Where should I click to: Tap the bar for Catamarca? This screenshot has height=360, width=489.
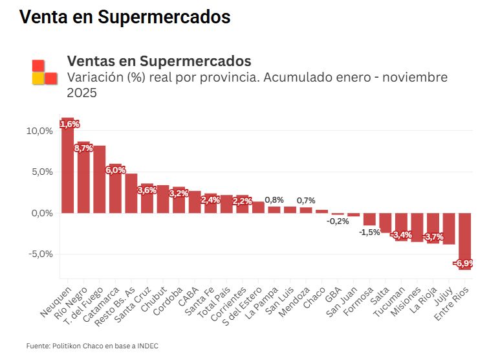(x=115, y=189)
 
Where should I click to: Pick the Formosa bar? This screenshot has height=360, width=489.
(x=369, y=219)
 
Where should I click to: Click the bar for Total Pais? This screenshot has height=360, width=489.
(x=226, y=204)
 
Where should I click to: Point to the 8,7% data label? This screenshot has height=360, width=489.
(x=83, y=148)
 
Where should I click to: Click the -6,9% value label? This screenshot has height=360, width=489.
(x=464, y=264)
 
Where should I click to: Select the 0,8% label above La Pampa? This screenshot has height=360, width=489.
(x=274, y=199)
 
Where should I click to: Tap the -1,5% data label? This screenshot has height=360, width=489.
(x=370, y=232)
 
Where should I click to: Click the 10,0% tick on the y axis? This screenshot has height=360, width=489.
(x=39, y=131)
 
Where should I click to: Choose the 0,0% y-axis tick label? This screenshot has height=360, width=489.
(x=40, y=213)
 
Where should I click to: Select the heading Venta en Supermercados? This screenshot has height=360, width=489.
(x=125, y=17)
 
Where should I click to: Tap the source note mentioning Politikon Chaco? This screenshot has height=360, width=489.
(x=92, y=346)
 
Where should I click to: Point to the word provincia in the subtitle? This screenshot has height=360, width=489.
(x=204, y=78)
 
